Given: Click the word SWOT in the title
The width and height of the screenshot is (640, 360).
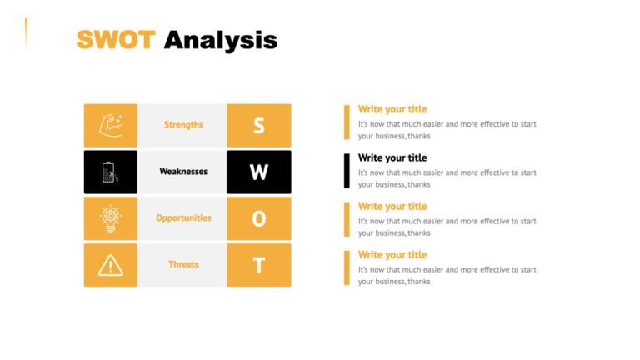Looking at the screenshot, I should [x=115, y=40].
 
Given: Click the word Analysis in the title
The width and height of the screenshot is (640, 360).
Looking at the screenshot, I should [x=221, y=40].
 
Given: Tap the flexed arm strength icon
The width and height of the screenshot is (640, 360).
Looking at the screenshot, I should [x=111, y=125].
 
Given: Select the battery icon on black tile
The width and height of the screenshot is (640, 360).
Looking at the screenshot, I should [x=110, y=172].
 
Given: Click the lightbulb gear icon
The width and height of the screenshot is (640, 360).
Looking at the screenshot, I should [x=110, y=218].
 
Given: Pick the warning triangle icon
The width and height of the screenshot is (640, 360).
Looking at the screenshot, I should [x=110, y=265].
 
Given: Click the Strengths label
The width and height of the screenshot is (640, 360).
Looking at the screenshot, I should [x=183, y=125].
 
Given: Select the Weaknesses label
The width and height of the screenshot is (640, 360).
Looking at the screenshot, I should [x=183, y=172].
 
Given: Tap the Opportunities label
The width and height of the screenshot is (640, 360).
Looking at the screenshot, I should [x=183, y=218].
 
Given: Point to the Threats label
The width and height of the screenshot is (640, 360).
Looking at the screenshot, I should [x=183, y=265].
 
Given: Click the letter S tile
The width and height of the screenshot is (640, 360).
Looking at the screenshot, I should [x=259, y=125].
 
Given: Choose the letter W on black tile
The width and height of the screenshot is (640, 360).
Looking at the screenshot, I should [x=259, y=172].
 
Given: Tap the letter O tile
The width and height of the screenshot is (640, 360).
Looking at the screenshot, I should [x=259, y=218].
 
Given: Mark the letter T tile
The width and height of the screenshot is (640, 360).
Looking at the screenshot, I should [x=259, y=265].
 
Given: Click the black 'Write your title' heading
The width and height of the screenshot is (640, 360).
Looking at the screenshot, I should [x=392, y=157].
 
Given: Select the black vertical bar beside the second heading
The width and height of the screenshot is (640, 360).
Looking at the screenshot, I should [x=347, y=171].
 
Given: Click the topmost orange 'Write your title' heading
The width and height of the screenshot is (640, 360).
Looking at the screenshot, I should [x=392, y=109].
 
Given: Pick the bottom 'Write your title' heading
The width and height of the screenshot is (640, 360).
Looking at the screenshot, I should [x=392, y=255].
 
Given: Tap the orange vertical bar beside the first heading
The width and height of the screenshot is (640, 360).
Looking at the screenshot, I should [x=347, y=122].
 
